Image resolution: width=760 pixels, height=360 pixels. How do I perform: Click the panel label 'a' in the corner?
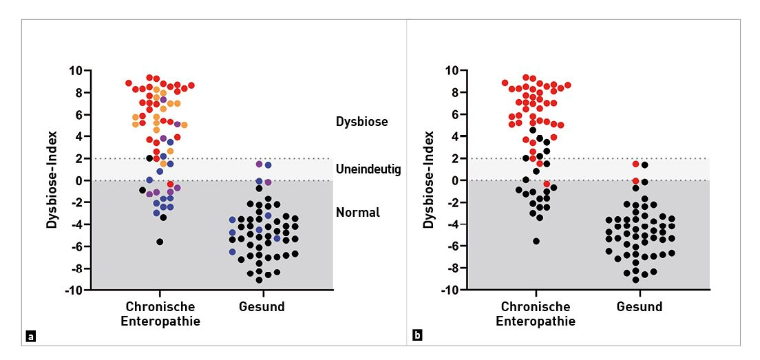[30, 337]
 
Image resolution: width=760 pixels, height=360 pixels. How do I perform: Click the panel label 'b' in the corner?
[417, 337]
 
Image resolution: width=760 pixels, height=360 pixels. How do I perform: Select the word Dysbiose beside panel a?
[361, 122]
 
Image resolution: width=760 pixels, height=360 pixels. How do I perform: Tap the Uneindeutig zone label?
[368, 169]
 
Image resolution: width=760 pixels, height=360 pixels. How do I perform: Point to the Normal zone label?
[357, 213]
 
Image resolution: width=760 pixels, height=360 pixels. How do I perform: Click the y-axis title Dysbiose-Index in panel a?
[52, 180]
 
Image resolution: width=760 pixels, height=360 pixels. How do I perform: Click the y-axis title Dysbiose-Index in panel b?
[428, 180]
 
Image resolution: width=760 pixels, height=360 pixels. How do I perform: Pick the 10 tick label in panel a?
[74, 71]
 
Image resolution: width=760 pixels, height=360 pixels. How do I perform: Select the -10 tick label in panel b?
[448, 290]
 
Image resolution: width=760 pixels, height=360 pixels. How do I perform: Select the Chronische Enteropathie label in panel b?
[536, 314]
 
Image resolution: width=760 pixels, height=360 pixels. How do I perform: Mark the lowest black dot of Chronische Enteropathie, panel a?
[160, 242]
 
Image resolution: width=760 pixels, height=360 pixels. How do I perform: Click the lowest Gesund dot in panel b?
[635, 279]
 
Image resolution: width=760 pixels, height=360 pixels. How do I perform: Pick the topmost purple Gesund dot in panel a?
[260, 164]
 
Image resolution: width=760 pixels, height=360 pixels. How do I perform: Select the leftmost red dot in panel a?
[129, 83]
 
